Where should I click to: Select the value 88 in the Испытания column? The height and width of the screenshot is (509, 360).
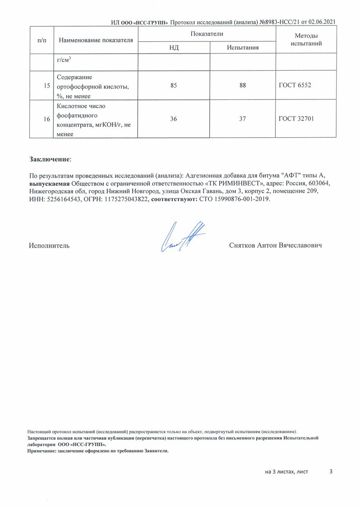[x=242, y=85]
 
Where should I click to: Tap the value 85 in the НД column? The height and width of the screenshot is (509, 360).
[x=173, y=85]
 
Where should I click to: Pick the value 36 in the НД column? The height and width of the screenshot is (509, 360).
[x=173, y=119]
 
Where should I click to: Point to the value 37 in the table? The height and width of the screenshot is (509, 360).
[x=242, y=119]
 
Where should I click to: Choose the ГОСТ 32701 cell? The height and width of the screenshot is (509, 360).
[x=297, y=119]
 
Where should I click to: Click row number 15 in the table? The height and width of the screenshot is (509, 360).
[x=47, y=85]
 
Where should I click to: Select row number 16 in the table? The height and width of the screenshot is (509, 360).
[x=47, y=119]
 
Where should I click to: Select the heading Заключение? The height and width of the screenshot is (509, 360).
[x=50, y=159]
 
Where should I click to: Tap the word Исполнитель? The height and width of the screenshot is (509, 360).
[x=49, y=246]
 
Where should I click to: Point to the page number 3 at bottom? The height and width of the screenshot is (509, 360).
[x=331, y=471]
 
